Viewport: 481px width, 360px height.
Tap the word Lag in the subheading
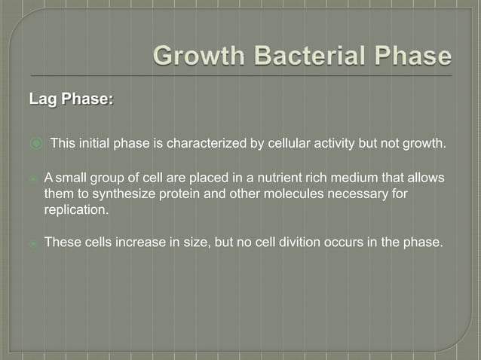tap(44, 99)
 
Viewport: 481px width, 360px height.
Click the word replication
tap(76, 211)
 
